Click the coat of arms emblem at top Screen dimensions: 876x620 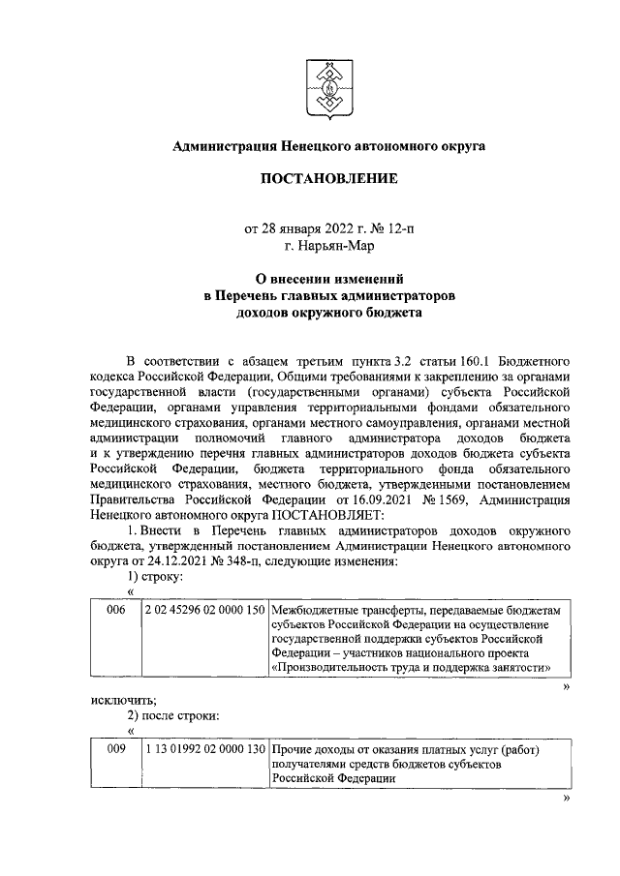(328, 88)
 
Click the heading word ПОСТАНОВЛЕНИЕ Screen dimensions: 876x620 (328, 179)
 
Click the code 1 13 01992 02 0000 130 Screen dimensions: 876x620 (203, 749)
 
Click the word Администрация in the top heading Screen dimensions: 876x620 (224, 146)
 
